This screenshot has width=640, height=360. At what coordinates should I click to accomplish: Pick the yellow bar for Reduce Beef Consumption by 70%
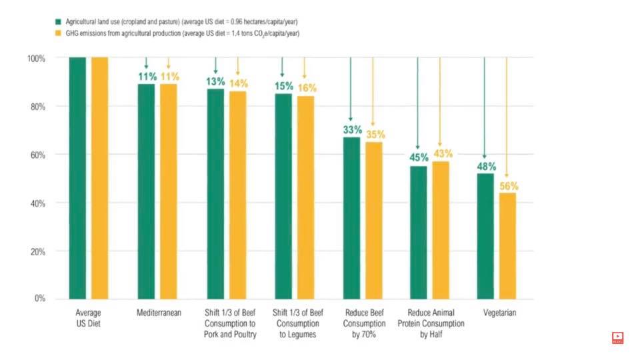pyautogui.click(x=373, y=219)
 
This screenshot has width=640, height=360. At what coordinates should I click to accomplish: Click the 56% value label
pyautogui.click(x=508, y=186)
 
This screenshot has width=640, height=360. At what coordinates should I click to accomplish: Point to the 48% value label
pyautogui.click(x=485, y=167)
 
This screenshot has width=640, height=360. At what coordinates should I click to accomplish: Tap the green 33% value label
pyautogui.click(x=352, y=130)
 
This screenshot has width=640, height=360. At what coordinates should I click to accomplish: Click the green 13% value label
pyautogui.click(x=216, y=82)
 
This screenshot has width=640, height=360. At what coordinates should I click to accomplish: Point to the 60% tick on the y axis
pyautogui.click(x=36, y=155)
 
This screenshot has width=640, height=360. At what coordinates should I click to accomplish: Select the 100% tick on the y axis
pyautogui.click(x=35, y=59)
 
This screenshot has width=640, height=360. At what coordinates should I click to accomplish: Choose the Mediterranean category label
pyautogui.click(x=159, y=313)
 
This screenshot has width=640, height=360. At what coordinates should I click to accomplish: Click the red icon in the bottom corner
pyautogui.click(x=617, y=338)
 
